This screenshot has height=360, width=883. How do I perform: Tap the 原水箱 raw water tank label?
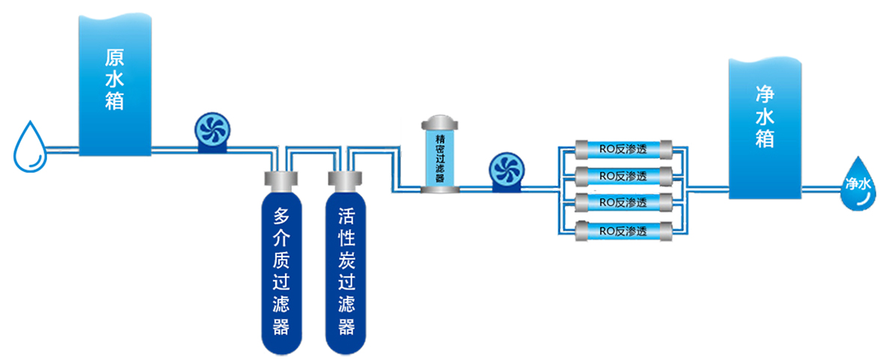114,80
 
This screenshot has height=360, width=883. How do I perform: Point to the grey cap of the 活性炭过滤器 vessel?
345,180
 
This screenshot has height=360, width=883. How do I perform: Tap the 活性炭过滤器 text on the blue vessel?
345,272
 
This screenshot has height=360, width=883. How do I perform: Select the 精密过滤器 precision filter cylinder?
439,157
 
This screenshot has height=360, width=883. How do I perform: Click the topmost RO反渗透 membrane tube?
623,148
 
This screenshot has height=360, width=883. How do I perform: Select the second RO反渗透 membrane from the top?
623,176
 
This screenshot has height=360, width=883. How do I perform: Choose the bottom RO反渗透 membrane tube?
623,232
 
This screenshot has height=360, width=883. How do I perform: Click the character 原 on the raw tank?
114,58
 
